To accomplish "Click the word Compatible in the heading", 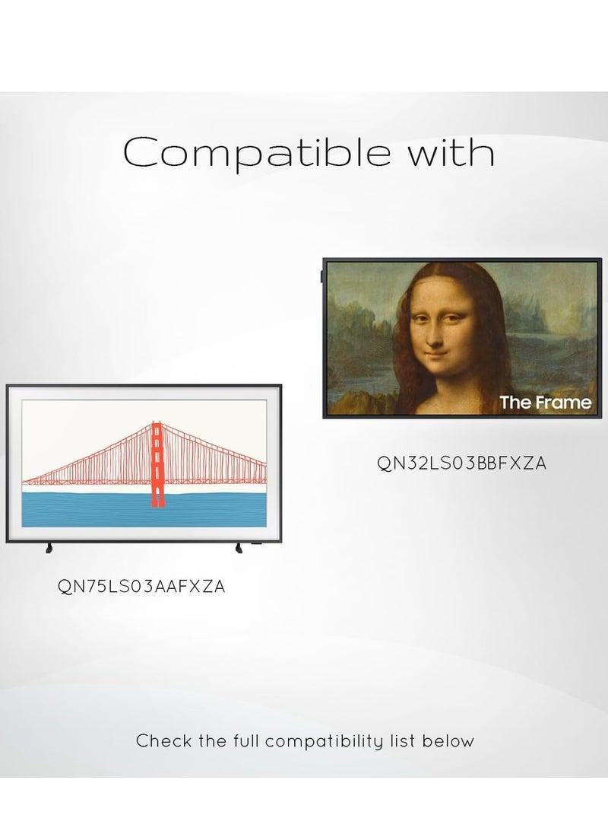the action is point(257,153).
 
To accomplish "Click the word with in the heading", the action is point(451,152).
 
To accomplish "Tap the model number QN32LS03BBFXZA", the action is point(461,463).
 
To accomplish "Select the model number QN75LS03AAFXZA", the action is point(141,587).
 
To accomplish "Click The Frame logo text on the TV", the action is point(545,403).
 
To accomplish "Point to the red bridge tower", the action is point(157,464).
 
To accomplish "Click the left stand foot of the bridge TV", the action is point(49,548).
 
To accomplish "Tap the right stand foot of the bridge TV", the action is point(239,548).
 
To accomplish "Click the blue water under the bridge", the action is point(144,510).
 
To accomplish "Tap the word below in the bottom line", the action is point(448,740).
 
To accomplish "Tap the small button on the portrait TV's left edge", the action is point(321,277).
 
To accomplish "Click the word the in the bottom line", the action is point(212,740).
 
